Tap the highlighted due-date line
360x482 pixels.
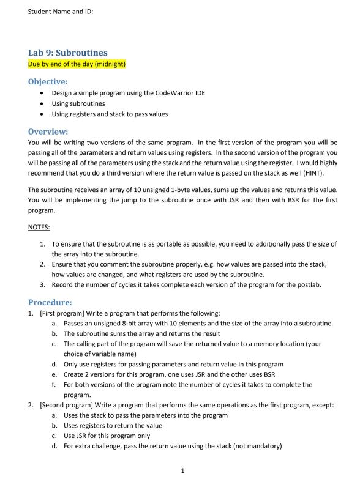(77, 64)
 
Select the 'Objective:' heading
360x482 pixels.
(48, 81)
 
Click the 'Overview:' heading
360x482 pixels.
(48, 131)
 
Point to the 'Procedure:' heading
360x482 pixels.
(50, 302)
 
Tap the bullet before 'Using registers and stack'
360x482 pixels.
(41, 114)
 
